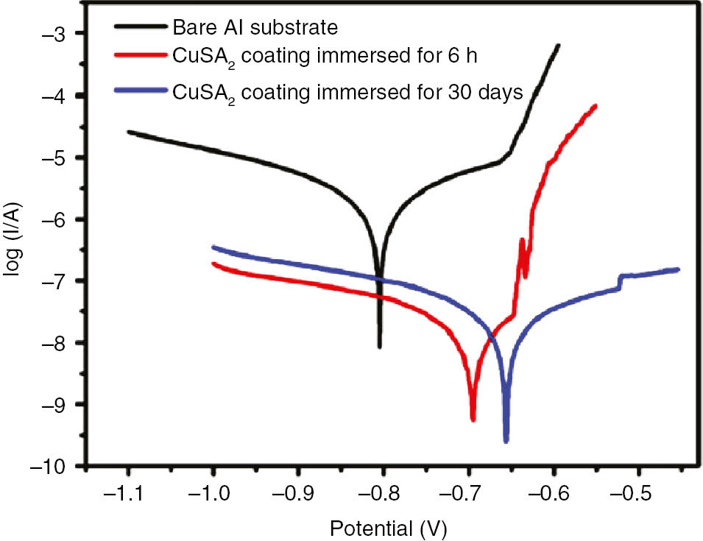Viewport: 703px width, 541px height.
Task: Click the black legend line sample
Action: point(142,27)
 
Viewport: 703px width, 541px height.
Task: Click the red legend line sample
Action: point(142,54)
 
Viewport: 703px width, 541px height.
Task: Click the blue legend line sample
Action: point(142,91)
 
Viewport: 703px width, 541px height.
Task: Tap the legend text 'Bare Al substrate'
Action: point(255,28)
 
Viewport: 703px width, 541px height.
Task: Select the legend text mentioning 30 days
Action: point(347,92)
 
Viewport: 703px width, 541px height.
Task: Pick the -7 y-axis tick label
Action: point(52,281)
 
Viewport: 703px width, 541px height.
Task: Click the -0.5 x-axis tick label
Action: point(636,494)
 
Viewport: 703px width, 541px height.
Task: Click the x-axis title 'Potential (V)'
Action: point(388,527)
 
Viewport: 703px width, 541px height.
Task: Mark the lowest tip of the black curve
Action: point(379,347)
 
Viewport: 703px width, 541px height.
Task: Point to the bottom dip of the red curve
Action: point(473,420)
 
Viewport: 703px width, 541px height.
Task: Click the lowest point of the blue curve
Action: point(506,442)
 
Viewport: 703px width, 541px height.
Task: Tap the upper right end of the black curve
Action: point(559,46)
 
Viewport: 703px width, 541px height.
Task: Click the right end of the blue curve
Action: point(677,269)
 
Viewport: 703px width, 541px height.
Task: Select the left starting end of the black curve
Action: point(128,132)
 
